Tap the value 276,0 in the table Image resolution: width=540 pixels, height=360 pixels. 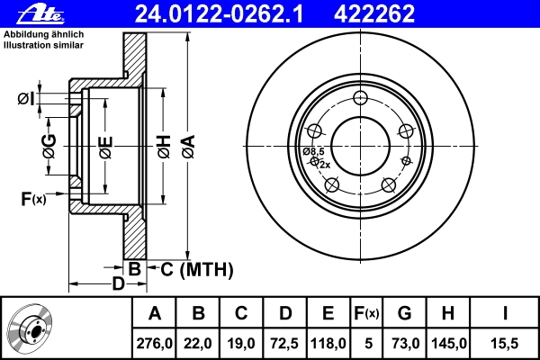coord(154,343)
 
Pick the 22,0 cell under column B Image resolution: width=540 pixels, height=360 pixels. coord(199,343)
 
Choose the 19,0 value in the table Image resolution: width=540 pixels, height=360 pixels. coord(242,343)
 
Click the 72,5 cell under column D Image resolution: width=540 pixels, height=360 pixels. coord(285,343)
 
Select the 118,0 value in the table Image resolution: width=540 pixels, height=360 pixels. coord(328,343)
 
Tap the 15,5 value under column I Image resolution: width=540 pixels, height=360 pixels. coord(505,343)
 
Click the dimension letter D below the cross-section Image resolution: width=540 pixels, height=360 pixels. coord(118,284)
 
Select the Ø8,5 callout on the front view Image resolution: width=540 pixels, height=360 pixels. coord(313,151)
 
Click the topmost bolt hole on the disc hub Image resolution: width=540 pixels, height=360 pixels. coord(361,99)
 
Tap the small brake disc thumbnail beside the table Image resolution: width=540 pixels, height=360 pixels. coord(34,328)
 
